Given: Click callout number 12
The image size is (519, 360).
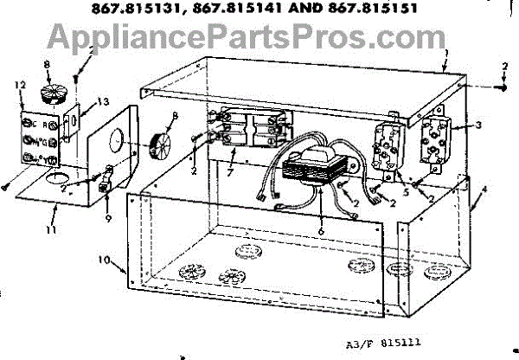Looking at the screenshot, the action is point(19,83).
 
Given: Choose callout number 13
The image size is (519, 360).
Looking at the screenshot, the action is point(105,101).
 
